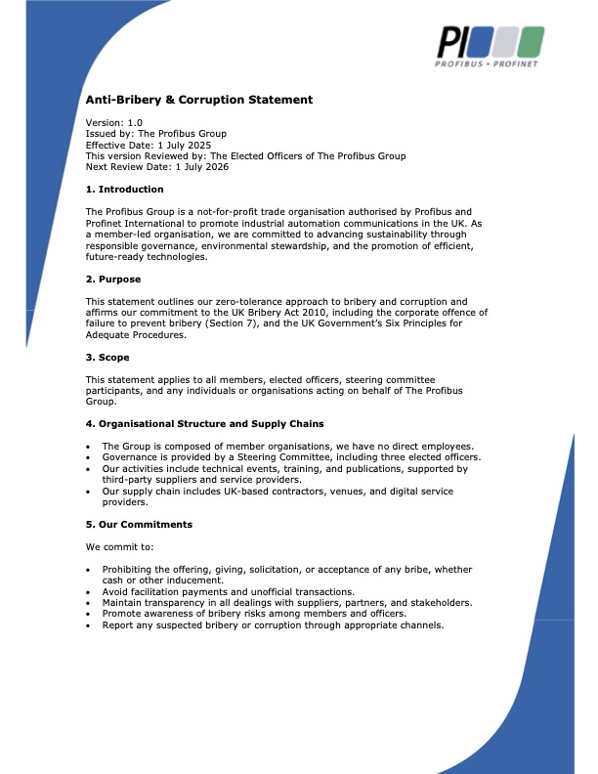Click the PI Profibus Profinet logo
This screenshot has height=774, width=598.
click(490, 46)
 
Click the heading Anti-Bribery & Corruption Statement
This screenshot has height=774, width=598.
click(199, 100)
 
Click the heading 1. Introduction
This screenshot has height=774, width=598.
click(125, 190)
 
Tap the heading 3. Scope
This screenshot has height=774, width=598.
click(109, 357)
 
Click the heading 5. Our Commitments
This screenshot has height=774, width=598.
click(139, 525)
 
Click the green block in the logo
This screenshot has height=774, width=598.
click(531, 41)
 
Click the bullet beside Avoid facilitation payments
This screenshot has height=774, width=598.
click(90, 592)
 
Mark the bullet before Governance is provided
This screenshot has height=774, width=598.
click(90, 457)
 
